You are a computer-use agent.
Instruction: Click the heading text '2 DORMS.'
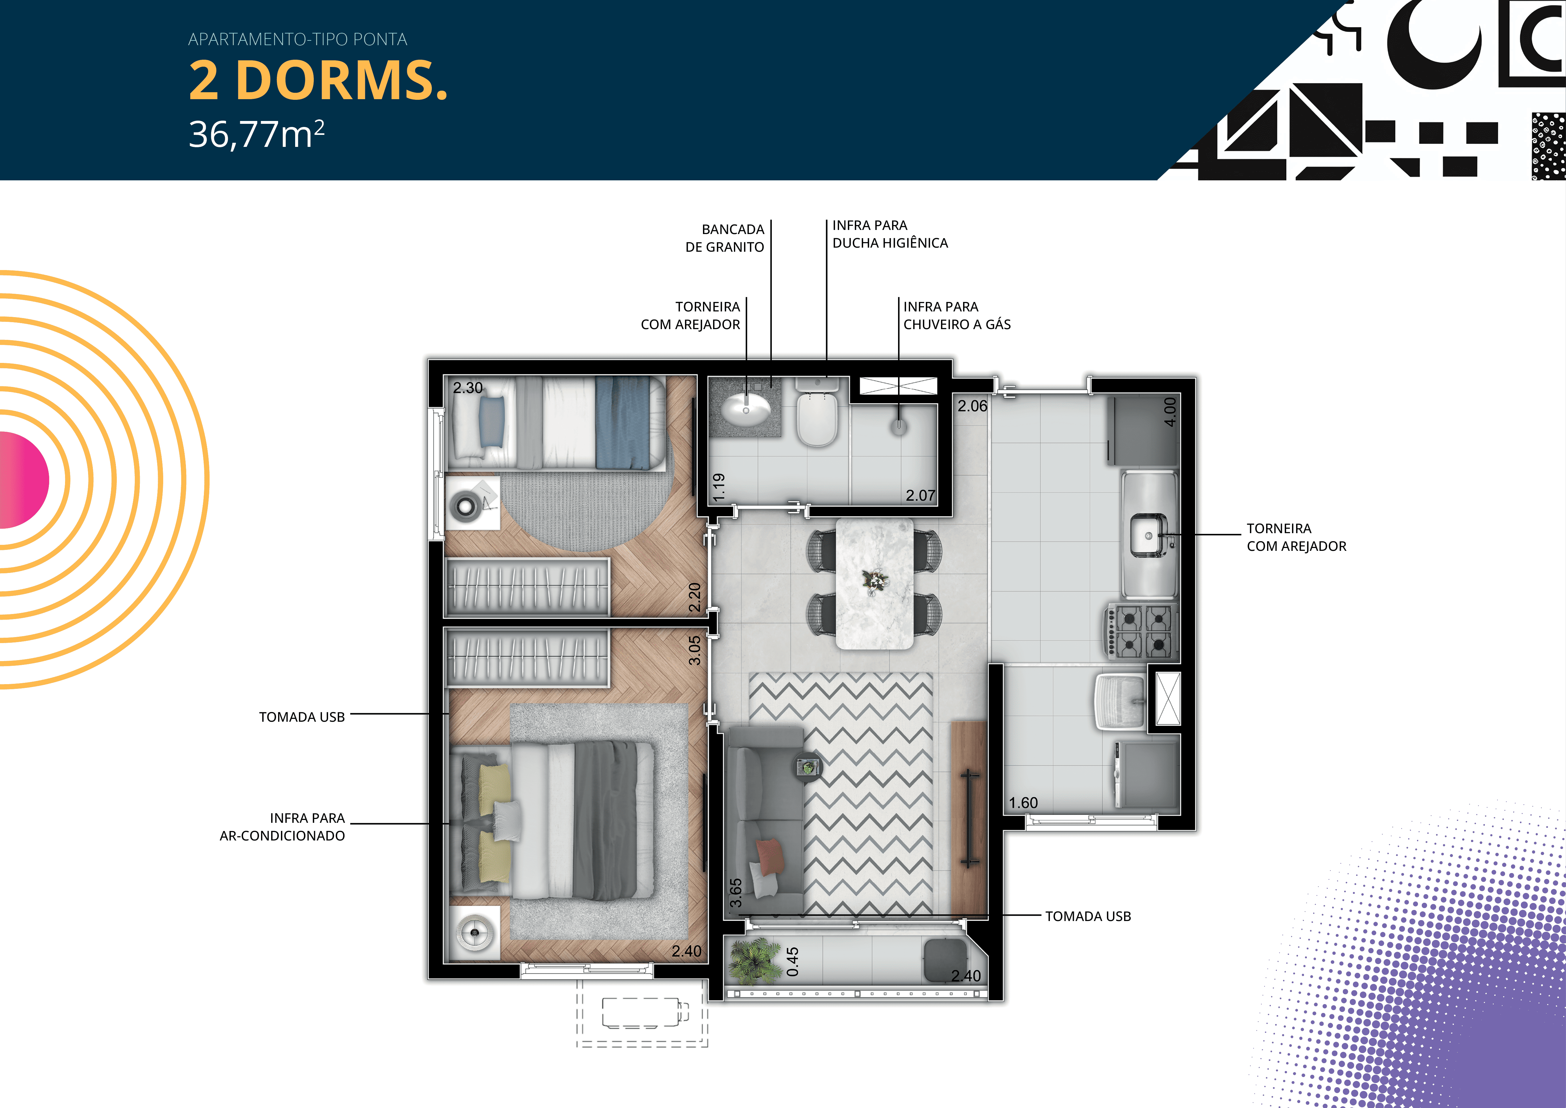pos(318,81)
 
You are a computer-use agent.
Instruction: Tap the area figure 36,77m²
pos(256,134)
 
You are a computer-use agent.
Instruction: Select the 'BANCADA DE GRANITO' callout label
pos(725,238)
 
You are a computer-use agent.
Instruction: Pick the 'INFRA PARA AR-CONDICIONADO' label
pos(283,827)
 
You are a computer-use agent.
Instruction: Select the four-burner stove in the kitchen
pos(1142,631)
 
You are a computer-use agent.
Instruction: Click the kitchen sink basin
pos(1149,536)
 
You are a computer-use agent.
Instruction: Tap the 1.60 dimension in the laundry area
pos(1023,803)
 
